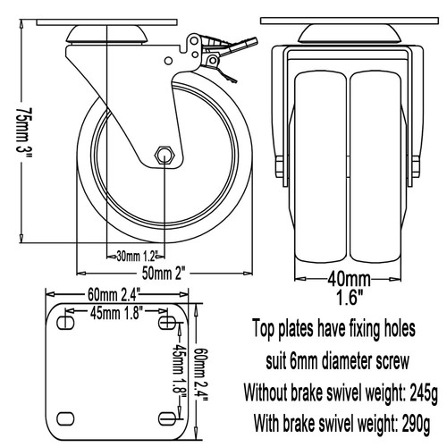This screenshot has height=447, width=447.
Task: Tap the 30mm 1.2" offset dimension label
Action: pos(137,256)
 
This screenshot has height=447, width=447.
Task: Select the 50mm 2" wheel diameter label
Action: pos(164,274)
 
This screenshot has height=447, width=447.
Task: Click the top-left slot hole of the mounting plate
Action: pos(65,323)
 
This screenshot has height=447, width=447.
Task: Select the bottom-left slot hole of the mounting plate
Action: pos(65,419)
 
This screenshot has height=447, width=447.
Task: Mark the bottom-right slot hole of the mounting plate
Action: pos(167,419)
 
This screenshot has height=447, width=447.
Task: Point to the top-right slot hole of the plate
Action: pos(167,323)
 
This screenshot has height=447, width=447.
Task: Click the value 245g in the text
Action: pos(424,392)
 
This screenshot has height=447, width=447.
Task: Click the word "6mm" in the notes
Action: pos(304,362)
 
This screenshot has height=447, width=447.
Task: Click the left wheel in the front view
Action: pos(321,167)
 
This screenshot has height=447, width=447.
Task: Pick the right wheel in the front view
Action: pos(375,167)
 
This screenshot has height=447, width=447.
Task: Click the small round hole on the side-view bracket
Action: pos(168,61)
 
